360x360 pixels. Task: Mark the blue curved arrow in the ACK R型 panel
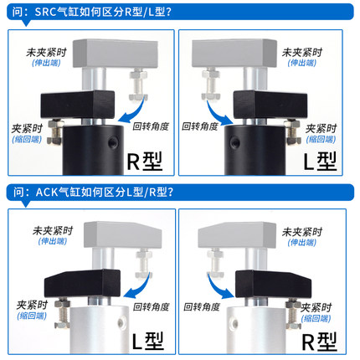(220, 287)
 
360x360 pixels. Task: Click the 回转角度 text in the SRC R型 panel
(152, 127)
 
